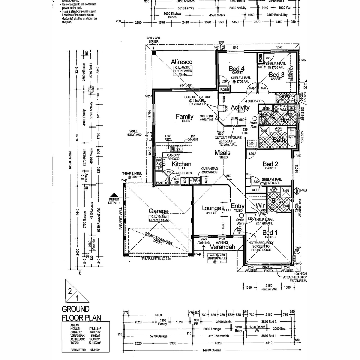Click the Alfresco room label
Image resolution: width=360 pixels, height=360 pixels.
pos(181,62)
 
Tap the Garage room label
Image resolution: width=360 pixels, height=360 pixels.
pos(158,211)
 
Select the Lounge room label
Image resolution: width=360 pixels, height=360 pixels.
pos(211,208)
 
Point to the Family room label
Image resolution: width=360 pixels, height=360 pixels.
pos(184,116)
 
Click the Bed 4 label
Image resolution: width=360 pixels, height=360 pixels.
pos(236,69)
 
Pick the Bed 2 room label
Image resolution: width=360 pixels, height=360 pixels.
pos(270,164)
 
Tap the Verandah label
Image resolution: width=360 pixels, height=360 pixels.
pos(222,247)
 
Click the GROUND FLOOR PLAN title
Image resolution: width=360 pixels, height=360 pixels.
pos(81,313)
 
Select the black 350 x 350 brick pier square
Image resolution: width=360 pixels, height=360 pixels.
pos(154,53)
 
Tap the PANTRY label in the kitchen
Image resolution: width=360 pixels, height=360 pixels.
pos(162,183)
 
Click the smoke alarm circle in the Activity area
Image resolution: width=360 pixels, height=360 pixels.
pos(255,118)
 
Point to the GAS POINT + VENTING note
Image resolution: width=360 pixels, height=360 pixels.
pos(206,118)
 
